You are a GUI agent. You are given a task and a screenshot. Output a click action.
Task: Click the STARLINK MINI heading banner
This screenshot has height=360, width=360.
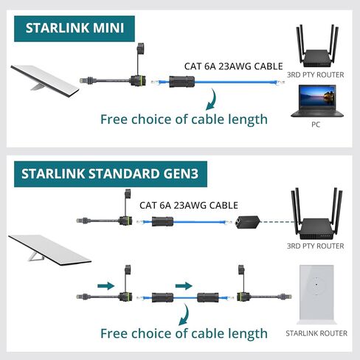point(75,29)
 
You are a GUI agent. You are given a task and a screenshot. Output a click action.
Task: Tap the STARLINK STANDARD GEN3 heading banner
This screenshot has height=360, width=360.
point(111,174)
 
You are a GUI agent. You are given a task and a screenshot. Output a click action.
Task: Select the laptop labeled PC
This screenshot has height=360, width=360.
point(317,101)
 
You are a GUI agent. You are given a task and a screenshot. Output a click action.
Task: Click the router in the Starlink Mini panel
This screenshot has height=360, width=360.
point(317,46)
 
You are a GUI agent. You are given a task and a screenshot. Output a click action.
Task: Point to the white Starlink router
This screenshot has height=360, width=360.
point(316,294)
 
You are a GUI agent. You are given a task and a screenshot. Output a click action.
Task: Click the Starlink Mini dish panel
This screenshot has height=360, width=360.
point(45,80)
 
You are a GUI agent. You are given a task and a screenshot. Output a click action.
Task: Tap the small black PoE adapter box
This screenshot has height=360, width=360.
point(248,222)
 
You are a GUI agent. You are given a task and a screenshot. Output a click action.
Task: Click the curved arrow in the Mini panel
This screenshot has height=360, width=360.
point(211,100)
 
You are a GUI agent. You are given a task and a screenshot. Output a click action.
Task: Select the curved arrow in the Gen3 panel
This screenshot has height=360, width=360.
point(184,315)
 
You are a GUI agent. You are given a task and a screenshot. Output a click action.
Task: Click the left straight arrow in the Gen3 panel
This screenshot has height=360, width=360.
point(106,285)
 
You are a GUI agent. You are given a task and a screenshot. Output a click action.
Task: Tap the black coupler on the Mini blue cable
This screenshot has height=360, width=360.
point(182,82)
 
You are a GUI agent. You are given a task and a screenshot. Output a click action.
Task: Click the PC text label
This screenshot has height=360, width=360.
point(316,125)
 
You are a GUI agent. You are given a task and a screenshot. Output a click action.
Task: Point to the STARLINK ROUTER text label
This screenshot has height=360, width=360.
point(316,333)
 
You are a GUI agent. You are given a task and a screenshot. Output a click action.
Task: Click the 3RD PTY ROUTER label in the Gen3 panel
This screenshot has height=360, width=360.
point(316,246)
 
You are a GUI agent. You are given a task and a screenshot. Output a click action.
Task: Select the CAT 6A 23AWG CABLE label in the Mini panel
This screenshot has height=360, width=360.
point(234,66)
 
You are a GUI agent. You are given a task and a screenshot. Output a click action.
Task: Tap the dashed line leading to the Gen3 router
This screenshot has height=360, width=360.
point(278,222)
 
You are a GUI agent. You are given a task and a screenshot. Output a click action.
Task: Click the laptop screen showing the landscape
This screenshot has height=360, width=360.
point(317,97)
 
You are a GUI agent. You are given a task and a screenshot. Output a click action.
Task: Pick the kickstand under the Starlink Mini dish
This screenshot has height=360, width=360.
point(38,87)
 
